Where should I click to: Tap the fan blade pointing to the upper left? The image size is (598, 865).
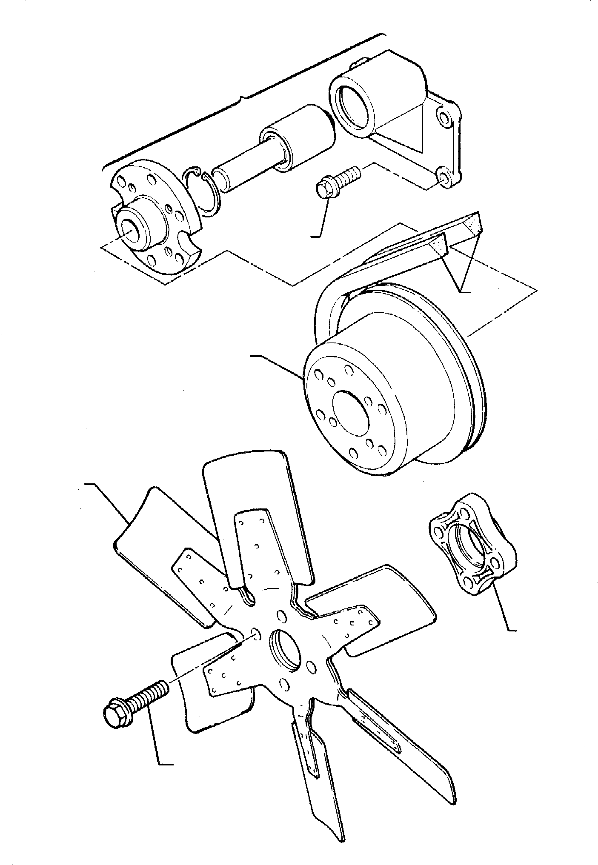point(162,549)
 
